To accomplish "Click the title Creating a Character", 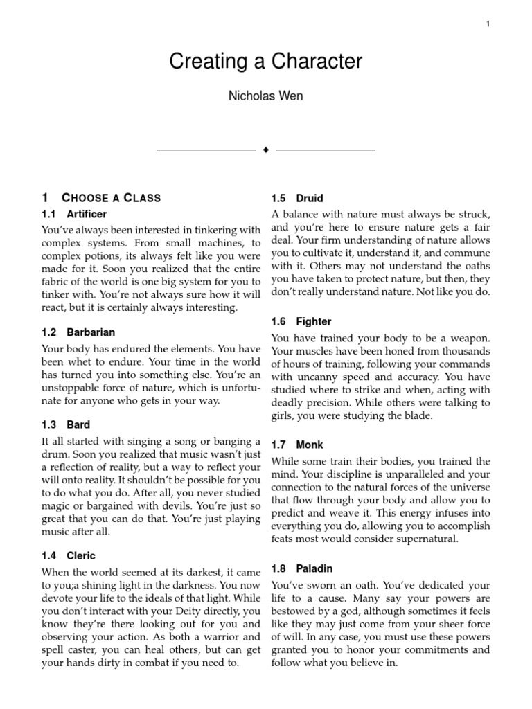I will point(266,62).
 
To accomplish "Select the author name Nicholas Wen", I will point(266,96).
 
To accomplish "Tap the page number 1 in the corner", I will point(488,24).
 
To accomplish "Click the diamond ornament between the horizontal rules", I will point(266,150).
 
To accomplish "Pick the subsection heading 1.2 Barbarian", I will point(78,332).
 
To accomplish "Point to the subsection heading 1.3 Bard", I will point(66,424).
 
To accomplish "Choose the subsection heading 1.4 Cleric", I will point(69,555).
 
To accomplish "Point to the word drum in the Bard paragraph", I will point(56,454).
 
